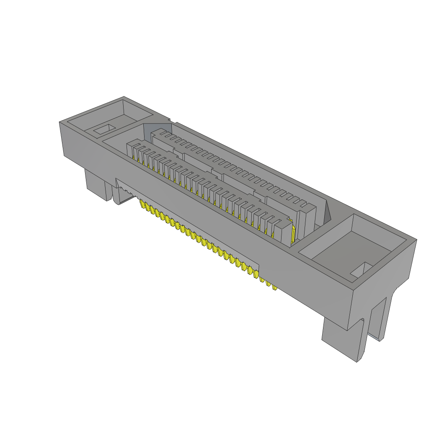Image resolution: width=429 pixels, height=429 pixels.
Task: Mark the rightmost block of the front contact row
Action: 285,233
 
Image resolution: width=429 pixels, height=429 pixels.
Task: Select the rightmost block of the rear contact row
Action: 308,218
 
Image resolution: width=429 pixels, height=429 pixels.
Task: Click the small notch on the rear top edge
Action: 172,121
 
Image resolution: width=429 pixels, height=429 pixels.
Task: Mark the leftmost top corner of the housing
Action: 59,122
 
